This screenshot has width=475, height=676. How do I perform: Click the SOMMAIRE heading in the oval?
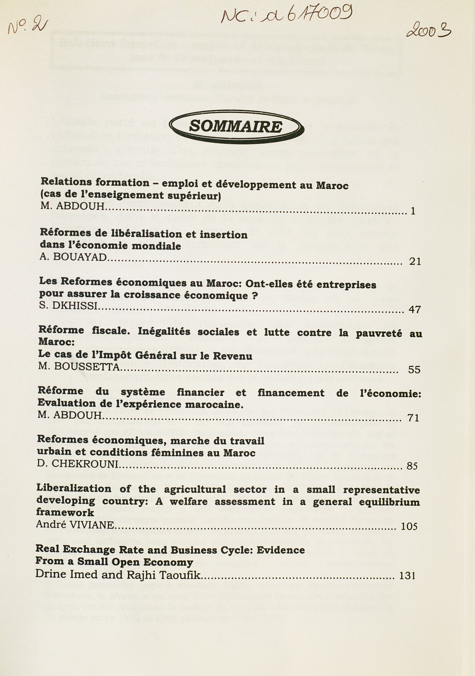235,127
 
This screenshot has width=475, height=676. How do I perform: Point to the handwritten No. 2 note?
26,27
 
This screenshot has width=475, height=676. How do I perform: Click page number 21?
415,261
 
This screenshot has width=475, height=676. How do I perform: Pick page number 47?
414,310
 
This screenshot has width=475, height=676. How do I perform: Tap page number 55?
414,370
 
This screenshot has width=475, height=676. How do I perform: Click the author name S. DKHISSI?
68,307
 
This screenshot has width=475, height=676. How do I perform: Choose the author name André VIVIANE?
75,524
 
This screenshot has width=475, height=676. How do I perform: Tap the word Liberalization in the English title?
74,489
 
